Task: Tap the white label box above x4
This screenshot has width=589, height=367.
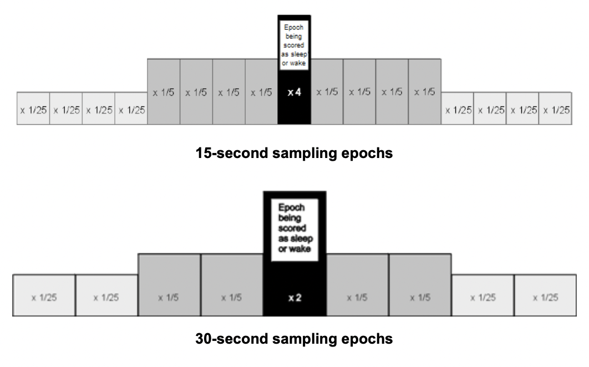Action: pos(294,45)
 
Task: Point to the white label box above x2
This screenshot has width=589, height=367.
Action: pos(294,230)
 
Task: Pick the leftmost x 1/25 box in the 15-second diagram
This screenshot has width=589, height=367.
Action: pos(33,109)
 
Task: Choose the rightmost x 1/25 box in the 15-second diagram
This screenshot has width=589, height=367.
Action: pos(555,109)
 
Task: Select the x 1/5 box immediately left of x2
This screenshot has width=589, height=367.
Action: pos(232,285)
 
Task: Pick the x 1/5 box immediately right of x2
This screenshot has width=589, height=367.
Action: pos(357,285)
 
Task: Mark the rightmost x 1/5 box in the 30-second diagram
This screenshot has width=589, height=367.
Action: pos(420,285)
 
